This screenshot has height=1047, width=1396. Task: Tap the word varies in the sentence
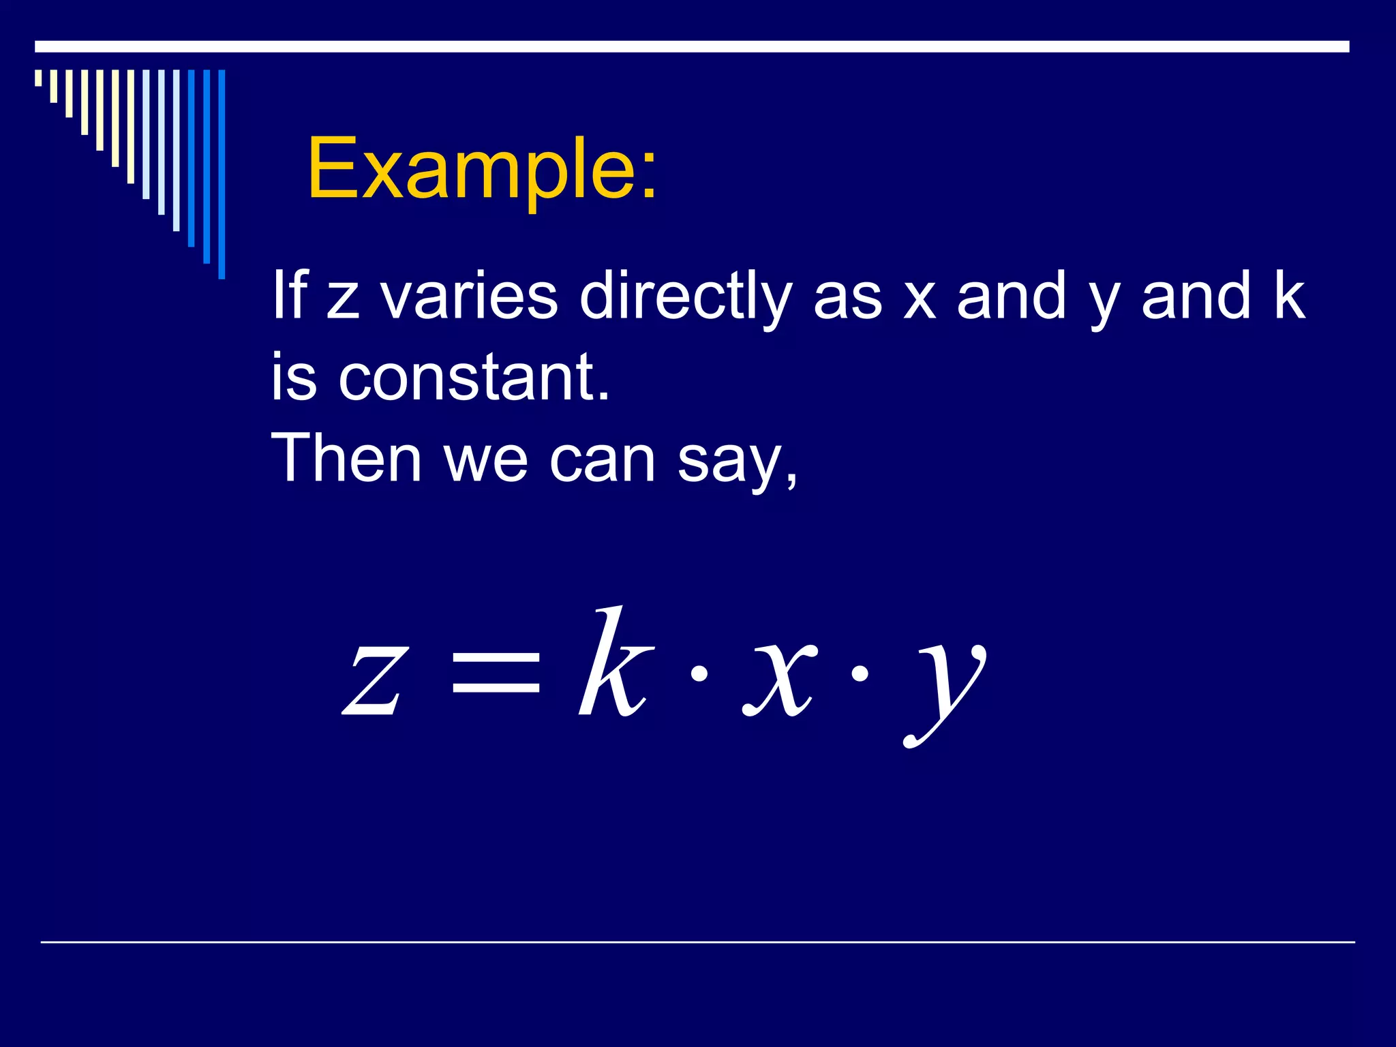coord(469,296)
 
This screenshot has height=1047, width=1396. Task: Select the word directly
coord(685,296)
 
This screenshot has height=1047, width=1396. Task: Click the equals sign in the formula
coord(496,671)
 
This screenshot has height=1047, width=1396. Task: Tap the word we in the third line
coord(486,459)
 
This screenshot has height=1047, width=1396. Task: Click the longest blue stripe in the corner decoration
coord(222,174)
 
